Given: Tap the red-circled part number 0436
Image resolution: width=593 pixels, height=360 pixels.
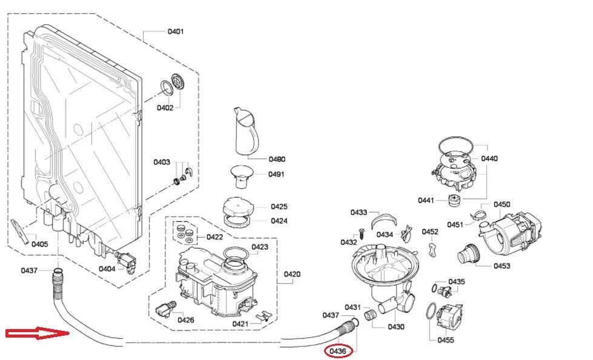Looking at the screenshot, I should click(x=338, y=350).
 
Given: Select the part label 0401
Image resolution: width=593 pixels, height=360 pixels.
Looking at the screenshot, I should click(x=176, y=32).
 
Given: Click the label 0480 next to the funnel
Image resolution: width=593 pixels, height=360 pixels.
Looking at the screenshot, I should click(x=276, y=159).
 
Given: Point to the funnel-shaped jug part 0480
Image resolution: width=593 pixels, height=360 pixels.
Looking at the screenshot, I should click(x=246, y=130).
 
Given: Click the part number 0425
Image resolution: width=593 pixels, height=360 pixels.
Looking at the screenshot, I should click(x=279, y=207).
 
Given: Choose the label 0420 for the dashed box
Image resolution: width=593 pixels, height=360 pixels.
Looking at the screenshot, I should click(x=292, y=275).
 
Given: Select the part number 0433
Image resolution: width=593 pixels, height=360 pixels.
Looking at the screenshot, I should click(x=359, y=213).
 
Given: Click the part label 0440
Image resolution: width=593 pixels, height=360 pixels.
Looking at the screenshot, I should click(x=489, y=159).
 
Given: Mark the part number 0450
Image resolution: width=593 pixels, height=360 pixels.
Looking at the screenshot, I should click(x=502, y=205).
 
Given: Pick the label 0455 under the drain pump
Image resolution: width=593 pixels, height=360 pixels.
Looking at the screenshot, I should click(x=446, y=340).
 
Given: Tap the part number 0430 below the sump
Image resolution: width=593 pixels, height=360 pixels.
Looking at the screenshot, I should click(x=396, y=327).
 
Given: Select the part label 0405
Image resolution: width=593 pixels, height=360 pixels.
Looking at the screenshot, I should click(x=39, y=244).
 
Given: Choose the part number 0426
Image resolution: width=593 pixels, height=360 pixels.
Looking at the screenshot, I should click(x=185, y=320).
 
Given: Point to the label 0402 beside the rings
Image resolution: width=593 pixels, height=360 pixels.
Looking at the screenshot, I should click(x=165, y=108).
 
